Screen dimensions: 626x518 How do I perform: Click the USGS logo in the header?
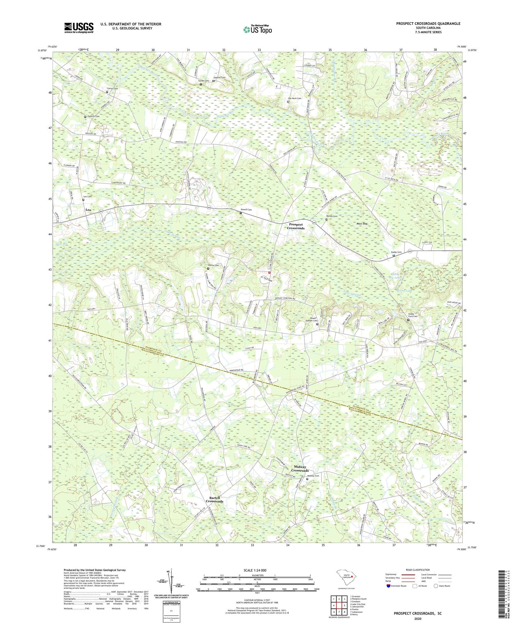[x=79, y=28]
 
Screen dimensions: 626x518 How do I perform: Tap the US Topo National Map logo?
[x=258, y=29]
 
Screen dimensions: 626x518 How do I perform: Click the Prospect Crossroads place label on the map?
[x=296, y=226]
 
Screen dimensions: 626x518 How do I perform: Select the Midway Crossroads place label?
[x=299, y=469]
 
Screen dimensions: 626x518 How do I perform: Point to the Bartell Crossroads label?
[x=214, y=499]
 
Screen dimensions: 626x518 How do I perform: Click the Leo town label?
[x=88, y=210]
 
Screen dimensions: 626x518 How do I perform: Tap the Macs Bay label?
[x=362, y=224]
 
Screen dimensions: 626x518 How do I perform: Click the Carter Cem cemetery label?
[x=112, y=89]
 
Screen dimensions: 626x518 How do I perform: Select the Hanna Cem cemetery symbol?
[x=208, y=268]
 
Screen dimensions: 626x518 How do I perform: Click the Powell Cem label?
[x=246, y=210]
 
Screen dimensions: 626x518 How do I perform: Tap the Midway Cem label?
[x=313, y=476]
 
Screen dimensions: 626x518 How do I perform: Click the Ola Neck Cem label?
[x=295, y=98]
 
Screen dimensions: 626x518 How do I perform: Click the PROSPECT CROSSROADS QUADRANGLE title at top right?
[x=428, y=23]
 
